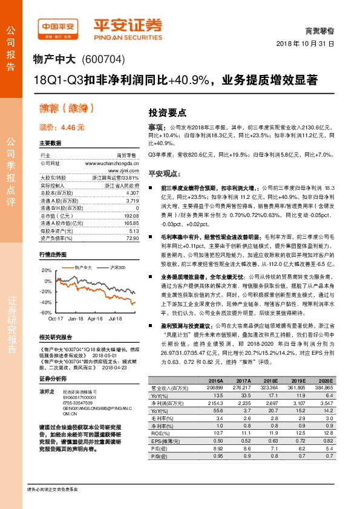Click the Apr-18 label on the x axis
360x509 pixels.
coord(95,317)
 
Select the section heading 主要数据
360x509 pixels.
coord(50,143)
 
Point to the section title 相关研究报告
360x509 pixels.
coord(55,336)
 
